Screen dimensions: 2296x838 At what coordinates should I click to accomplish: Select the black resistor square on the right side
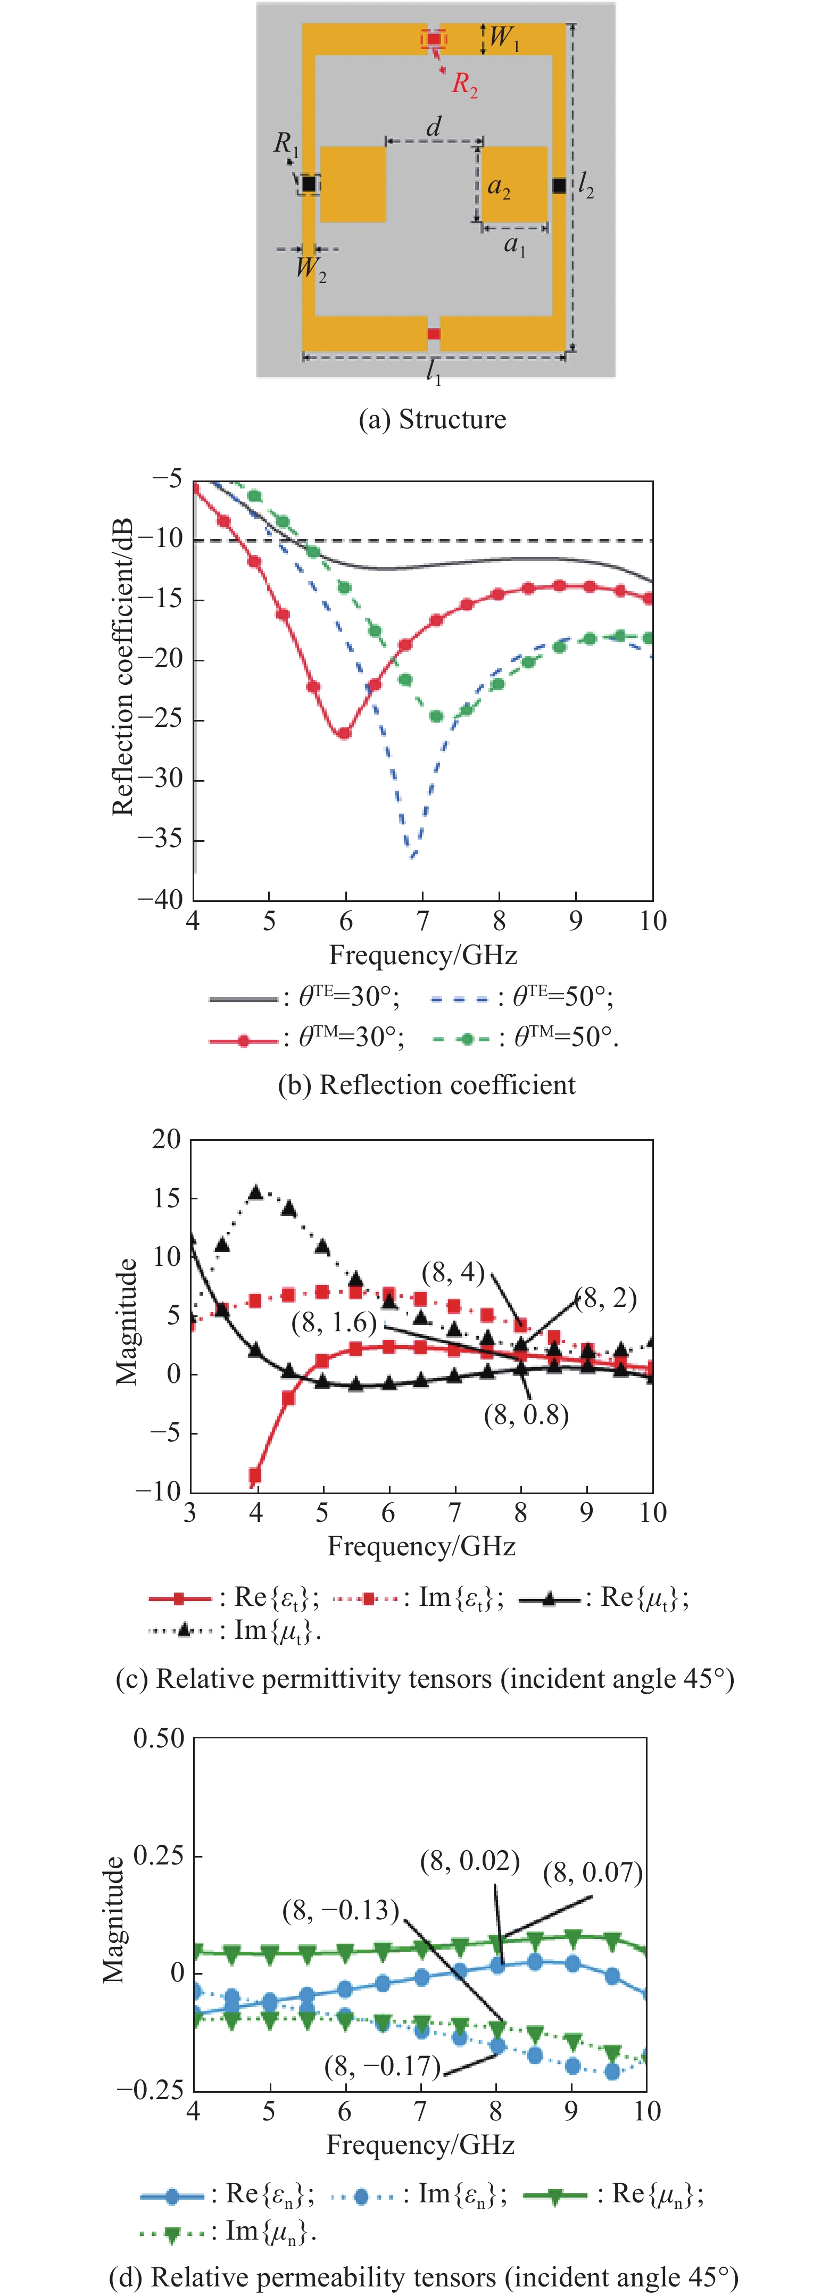559,185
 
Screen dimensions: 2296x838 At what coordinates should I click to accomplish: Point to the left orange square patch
352,184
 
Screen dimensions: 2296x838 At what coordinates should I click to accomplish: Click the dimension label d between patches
434,127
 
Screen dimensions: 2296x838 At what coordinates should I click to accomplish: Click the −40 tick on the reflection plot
161,898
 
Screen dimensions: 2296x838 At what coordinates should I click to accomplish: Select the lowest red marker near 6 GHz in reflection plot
343,733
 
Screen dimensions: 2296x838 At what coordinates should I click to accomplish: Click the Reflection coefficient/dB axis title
122,667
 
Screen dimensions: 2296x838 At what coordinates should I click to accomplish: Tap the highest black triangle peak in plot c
256,1192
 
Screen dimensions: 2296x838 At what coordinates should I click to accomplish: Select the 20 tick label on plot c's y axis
166,1139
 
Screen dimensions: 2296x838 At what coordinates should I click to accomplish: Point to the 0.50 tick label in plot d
159,1738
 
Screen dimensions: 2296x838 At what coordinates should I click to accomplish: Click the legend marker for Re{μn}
554,2195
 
